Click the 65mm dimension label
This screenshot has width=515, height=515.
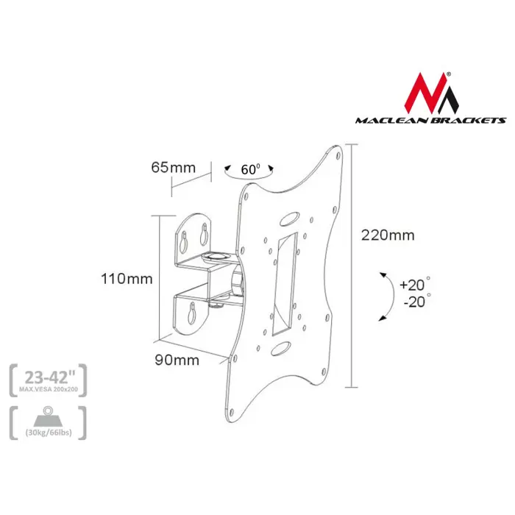click(173, 167)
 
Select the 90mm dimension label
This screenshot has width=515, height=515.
click(177, 360)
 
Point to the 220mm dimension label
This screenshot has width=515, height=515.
click(388, 235)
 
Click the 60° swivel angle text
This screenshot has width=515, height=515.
click(250, 169)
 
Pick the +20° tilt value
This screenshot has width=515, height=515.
click(413, 285)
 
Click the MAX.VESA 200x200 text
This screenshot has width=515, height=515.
click(48, 390)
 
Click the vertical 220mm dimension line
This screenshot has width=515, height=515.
click(353, 265)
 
